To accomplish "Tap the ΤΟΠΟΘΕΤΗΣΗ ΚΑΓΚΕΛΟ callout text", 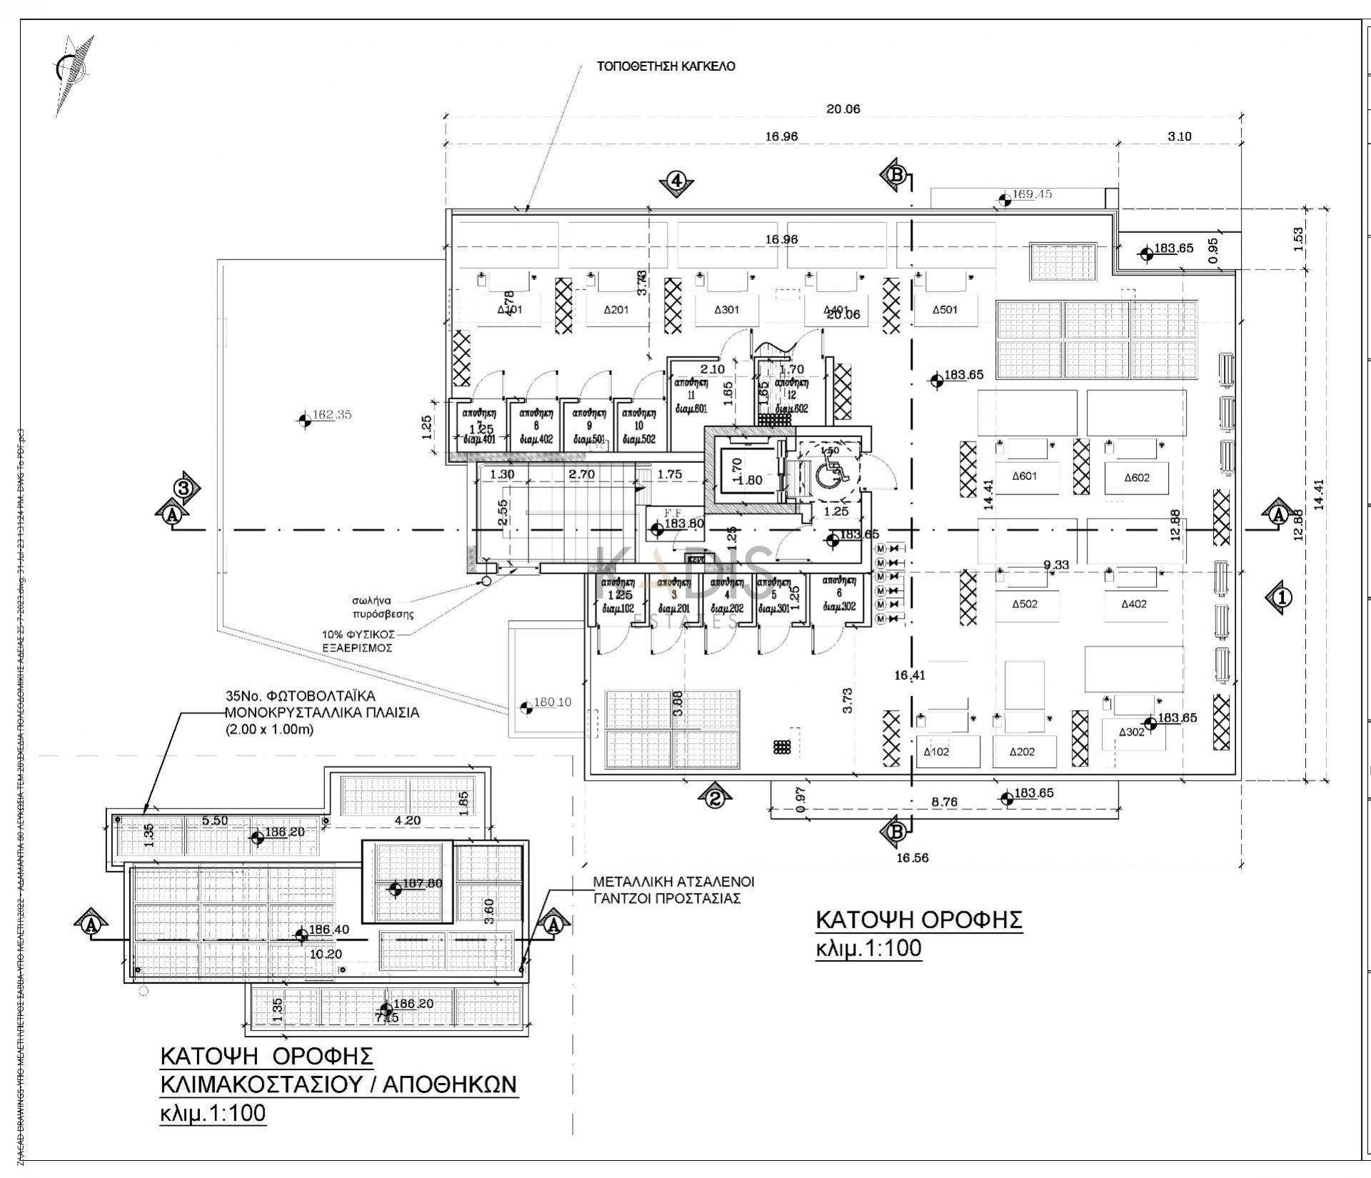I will point(666,66).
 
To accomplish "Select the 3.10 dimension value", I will point(1179,136).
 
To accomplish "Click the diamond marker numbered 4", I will point(676,182).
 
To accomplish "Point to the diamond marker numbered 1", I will point(1282,595).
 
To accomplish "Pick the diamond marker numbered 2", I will point(715,796).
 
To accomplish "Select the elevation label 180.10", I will point(552,702).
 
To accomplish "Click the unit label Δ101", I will point(511,309).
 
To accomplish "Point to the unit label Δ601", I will point(1025,476).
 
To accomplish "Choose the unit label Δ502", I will point(1025,604).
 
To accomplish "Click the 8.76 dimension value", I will point(944,802).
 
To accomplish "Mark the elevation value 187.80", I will point(422,884).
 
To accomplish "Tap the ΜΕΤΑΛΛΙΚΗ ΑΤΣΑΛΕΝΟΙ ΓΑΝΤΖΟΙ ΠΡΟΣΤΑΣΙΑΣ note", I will point(673,890).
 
